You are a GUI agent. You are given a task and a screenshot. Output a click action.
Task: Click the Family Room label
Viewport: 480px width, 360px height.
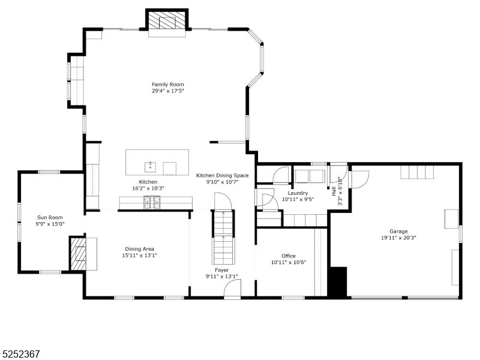pyautogui.click(x=167, y=85)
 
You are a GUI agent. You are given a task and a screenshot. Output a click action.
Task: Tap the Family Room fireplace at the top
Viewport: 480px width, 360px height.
pyautogui.click(x=167, y=22)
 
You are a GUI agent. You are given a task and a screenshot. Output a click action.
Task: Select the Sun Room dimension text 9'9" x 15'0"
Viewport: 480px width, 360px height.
pyautogui.click(x=50, y=225)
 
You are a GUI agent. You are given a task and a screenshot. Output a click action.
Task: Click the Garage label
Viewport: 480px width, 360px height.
pyautogui.click(x=398, y=231)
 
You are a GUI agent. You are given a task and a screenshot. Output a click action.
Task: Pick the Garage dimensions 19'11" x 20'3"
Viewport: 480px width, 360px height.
pyautogui.click(x=398, y=238)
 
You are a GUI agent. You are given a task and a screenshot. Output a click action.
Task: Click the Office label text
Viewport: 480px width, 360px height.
pyautogui.click(x=288, y=256)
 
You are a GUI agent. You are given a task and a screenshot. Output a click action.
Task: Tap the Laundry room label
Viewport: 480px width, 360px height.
pyautogui.click(x=297, y=193)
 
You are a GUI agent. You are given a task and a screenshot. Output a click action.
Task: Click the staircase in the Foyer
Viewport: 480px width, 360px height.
pyautogui.click(x=224, y=237)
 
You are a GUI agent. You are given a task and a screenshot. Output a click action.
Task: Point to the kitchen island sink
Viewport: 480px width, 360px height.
pyautogui.click(x=149, y=166)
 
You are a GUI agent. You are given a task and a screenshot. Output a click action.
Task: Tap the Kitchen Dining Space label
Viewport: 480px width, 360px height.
pyautogui.click(x=222, y=175)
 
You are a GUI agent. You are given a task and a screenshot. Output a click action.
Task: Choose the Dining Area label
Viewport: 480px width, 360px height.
pyautogui.click(x=140, y=249)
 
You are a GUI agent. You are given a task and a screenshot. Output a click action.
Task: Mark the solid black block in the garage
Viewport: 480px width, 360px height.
pyautogui.click(x=339, y=281)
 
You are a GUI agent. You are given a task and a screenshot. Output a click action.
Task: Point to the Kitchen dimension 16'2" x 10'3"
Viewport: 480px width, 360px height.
pyautogui.click(x=148, y=188)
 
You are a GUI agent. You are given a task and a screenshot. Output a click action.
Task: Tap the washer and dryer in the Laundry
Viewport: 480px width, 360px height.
pyautogui.click(x=309, y=176)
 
